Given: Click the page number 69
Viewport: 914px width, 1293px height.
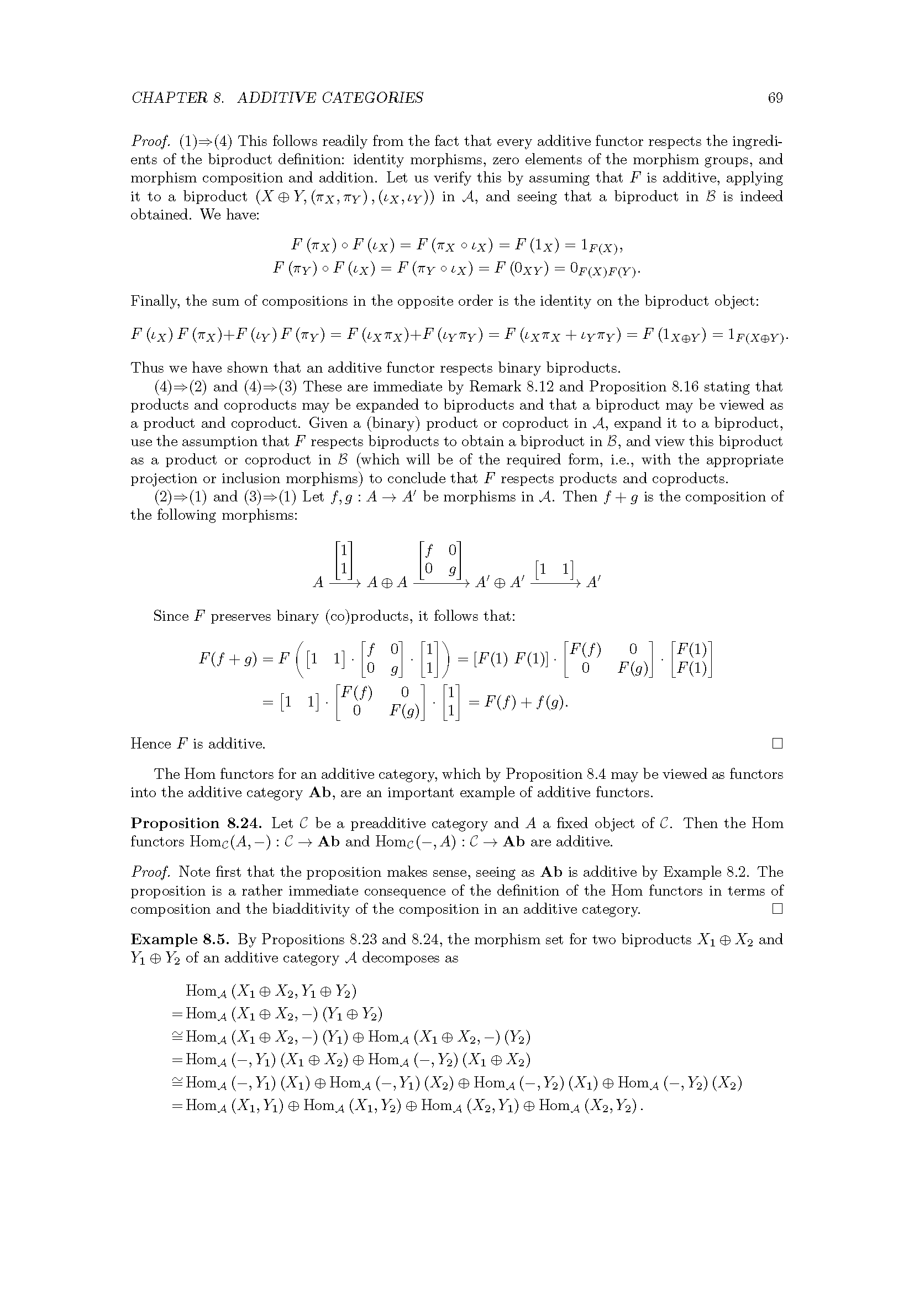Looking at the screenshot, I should [775, 98].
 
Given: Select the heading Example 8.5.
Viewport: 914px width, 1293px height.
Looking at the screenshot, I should [180, 939].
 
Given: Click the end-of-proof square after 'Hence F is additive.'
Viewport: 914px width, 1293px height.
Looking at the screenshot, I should [778, 744].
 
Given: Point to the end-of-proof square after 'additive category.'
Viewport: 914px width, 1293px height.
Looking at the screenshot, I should [778, 909].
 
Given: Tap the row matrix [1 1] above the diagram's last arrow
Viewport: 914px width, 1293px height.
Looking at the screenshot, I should [554, 569].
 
